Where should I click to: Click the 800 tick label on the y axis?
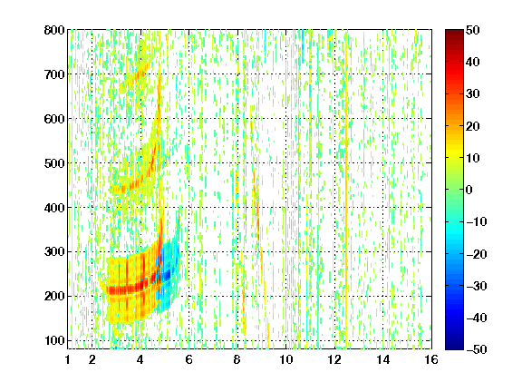[x=54, y=30]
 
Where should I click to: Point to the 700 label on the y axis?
[x=54, y=74]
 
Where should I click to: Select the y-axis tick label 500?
[x=54, y=163]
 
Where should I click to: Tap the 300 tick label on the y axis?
[x=54, y=252]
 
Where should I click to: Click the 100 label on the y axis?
[x=54, y=340]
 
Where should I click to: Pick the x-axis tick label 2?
[x=92, y=359]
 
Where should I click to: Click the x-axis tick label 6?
[x=188, y=359]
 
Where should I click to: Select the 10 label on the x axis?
[x=285, y=359]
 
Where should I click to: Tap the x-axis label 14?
[x=382, y=359]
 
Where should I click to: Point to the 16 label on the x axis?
[x=431, y=359]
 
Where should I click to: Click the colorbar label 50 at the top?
[x=472, y=30]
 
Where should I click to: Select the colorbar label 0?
[x=469, y=190]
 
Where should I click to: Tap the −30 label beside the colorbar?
[x=477, y=286]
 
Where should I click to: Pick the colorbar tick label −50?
[x=477, y=349]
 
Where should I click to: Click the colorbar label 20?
[x=472, y=126]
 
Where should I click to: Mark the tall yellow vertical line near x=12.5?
[x=346, y=190]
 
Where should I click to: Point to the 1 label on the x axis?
[x=68, y=359]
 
